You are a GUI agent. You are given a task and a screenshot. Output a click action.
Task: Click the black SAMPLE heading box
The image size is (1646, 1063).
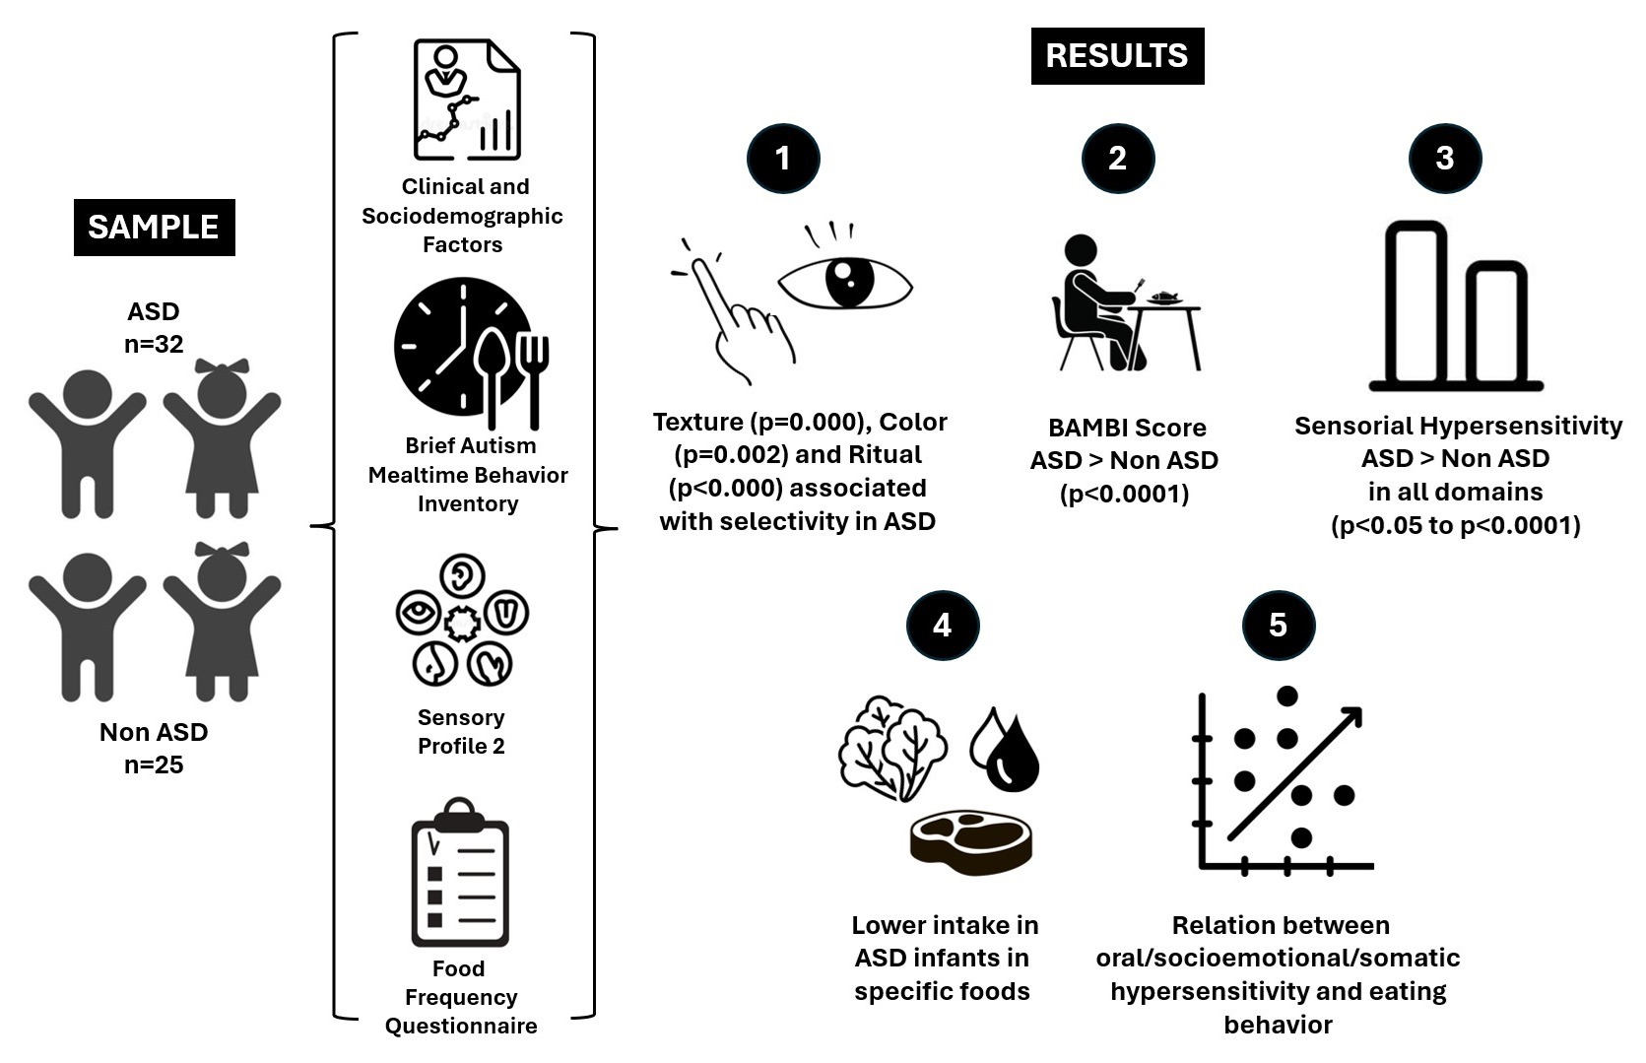pos(154,228)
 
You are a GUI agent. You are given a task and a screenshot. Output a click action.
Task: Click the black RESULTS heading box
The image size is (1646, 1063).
pos(1117,56)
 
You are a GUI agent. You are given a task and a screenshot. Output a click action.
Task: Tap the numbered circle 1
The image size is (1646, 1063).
pos(783,158)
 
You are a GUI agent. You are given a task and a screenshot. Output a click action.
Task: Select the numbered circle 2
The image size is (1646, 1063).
pos(1117,158)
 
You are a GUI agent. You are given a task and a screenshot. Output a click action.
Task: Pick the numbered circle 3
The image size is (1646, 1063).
pos(1445,158)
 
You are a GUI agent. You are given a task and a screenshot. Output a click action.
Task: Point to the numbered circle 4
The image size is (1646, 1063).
pos(943,625)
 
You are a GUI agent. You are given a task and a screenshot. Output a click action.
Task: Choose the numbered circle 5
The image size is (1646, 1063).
pos(1278,625)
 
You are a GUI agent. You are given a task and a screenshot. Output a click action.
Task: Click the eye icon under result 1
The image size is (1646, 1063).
pos(845,284)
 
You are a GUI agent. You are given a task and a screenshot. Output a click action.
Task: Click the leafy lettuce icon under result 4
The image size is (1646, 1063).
pos(891,749)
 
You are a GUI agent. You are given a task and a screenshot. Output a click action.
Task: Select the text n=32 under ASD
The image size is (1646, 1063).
pos(154,344)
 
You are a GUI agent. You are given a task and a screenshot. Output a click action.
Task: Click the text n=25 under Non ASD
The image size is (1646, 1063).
pos(154,764)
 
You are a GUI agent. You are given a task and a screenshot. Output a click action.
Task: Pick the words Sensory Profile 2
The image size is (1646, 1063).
pos(461,732)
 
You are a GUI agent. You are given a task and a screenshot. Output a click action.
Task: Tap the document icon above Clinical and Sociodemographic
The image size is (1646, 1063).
pos(466,100)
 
